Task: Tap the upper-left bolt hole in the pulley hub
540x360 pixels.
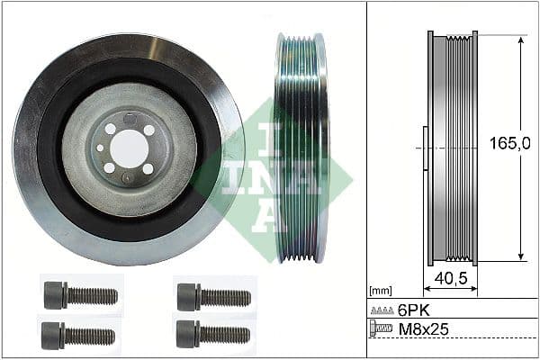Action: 110,129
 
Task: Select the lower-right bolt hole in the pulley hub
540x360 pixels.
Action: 148,168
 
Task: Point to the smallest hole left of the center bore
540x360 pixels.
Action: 98,148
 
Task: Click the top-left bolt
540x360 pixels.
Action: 80,295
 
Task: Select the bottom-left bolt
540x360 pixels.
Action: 80,335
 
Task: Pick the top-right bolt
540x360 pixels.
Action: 213,295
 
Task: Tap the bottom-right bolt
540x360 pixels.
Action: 213,334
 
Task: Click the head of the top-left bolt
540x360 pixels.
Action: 55,295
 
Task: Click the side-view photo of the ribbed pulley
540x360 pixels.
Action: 301,148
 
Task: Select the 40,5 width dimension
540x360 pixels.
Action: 449,280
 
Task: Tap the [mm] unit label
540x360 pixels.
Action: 381,291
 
